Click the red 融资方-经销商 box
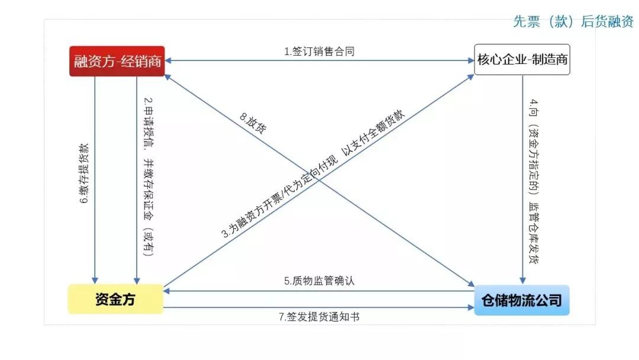click(x=117, y=61)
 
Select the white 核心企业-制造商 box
click(x=522, y=60)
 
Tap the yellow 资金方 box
click(x=115, y=299)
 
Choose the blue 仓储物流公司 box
click(x=522, y=300)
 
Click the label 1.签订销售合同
click(x=319, y=52)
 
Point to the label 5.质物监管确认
click(x=319, y=281)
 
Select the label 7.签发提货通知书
click(x=319, y=317)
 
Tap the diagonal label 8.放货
click(x=253, y=123)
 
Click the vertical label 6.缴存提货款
click(x=84, y=173)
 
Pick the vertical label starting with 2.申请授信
click(x=149, y=176)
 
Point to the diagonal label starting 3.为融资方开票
click(x=313, y=173)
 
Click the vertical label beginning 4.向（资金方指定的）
click(x=534, y=181)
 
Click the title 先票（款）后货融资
click(x=573, y=21)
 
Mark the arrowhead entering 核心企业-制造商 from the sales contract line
click(x=471, y=61)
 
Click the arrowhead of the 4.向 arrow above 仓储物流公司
click(x=522, y=281)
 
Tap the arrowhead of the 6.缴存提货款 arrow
click(x=95, y=281)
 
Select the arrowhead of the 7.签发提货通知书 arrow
click(x=471, y=308)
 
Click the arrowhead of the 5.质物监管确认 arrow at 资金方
click(x=167, y=291)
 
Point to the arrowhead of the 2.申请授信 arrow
click(x=137, y=281)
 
